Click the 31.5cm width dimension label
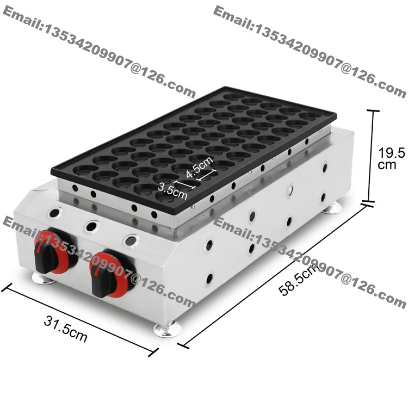pos(65,329)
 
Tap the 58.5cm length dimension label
pos(298,280)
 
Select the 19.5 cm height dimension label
pos(391,158)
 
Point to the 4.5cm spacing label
pos(200,168)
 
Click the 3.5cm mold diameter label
pos(172,190)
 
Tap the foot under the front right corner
pos(168,329)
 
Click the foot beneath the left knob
pos(43,279)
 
